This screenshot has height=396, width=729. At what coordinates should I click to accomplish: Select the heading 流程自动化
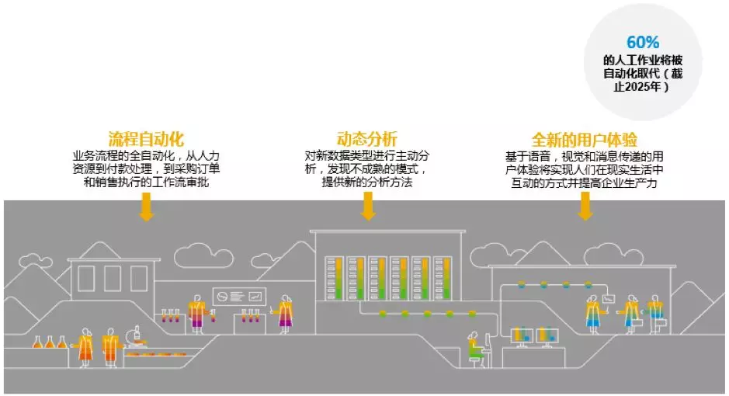point(146,140)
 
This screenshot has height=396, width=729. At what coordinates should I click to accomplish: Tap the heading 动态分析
point(367,140)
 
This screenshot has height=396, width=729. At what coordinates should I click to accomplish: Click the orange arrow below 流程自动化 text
point(146,207)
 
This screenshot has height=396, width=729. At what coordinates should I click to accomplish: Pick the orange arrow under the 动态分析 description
point(369,205)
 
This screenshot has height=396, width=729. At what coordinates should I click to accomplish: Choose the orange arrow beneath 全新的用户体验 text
point(585,205)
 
